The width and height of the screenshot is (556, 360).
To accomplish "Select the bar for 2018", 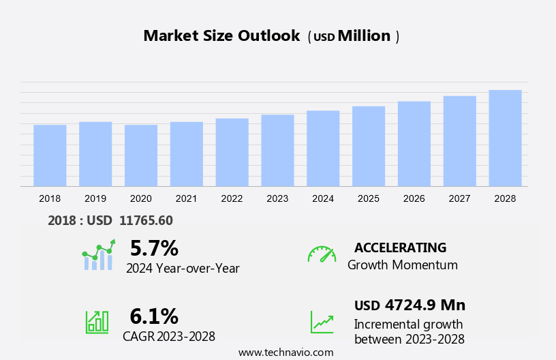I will (50, 155).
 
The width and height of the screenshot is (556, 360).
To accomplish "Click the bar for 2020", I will (141, 155).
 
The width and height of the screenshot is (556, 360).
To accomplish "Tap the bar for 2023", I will (277, 151).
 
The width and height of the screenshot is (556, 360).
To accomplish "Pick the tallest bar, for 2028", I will (505, 138).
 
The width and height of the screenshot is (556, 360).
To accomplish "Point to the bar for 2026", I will (414, 144).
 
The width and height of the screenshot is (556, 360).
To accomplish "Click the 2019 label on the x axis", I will (95, 198).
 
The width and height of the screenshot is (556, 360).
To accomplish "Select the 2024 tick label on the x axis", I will (323, 198).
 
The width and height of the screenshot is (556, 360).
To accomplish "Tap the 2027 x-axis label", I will (460, 198).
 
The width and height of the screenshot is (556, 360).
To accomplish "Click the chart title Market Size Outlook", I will (221, 36).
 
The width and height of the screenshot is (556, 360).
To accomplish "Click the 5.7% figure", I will (154, 248).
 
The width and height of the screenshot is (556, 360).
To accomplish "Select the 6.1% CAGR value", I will (154, 316).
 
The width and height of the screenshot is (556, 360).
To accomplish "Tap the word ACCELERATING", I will (401, 247).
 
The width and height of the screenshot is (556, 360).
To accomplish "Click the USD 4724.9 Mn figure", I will (410, 305).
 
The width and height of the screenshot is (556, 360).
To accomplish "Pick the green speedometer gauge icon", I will (322, 254).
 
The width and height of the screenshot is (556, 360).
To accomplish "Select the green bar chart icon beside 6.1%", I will (97, 322).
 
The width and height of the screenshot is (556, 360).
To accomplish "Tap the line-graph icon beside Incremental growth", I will (322, 322).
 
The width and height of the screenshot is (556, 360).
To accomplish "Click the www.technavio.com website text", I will (285, 352).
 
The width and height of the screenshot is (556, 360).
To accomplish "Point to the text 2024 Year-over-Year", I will (183, 269).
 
